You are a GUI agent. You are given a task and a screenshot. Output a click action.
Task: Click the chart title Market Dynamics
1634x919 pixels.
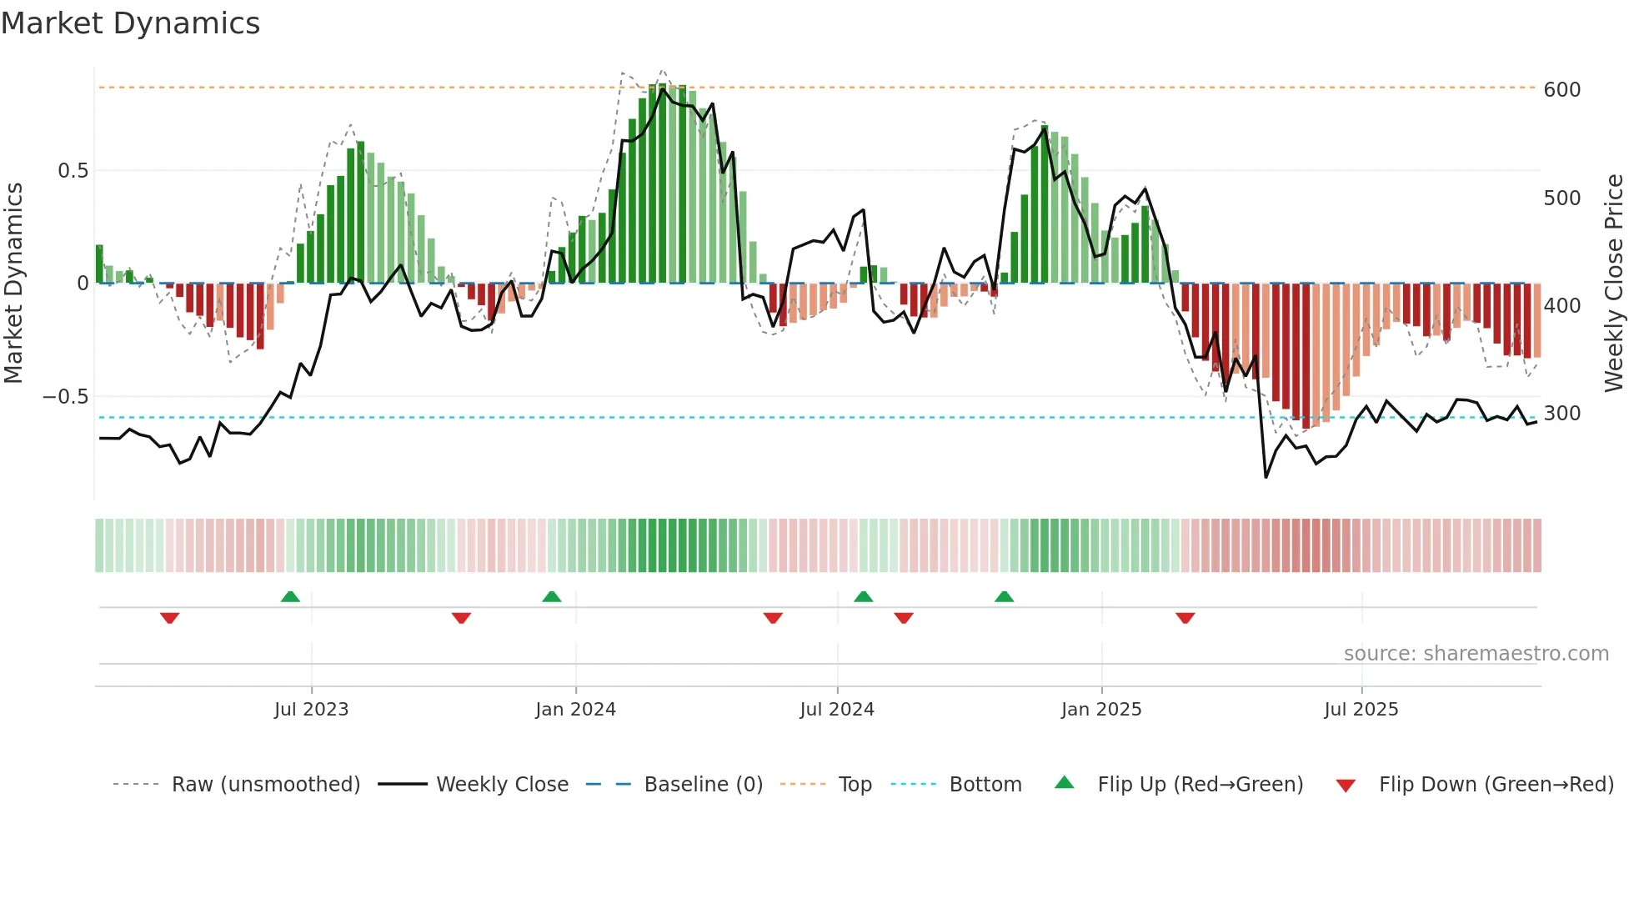click(x=131, y=23)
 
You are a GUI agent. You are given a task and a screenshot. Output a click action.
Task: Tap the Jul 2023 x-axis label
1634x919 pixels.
click(x=311, y=710)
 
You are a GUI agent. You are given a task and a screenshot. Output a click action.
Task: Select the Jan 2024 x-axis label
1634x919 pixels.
click(x=575, y=710)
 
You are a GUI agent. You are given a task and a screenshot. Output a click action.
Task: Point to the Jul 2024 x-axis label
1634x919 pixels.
click(x=837, y=710)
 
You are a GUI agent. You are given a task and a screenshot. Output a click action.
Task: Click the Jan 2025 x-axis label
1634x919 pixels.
click(x=1101, y=710)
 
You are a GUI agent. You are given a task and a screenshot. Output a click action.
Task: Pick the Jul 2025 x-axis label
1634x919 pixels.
click(x=1361, y=710)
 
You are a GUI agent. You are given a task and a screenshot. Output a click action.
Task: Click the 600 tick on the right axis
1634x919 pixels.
click(x=1561, y=90)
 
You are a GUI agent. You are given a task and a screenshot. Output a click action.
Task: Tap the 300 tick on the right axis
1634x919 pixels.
click(x=1561, y=414)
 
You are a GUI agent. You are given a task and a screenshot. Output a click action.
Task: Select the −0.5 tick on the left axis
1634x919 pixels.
click(x=65, y=397)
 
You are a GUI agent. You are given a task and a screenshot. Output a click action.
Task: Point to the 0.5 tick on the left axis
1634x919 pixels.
click(x=73, y=171)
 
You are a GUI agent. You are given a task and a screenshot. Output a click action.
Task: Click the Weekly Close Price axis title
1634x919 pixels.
click(x=1614, y=284)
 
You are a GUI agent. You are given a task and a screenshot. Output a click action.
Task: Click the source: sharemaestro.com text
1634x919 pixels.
click(x=1476, y=654)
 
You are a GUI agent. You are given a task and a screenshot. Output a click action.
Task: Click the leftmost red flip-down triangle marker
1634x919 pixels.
click(x=170, y=618)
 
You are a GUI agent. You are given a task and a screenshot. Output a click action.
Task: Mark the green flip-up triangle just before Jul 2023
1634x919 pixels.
click(x=290, y=596)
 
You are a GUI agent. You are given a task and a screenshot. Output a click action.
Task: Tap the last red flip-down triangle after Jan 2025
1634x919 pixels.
click(x=1185, y=618)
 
